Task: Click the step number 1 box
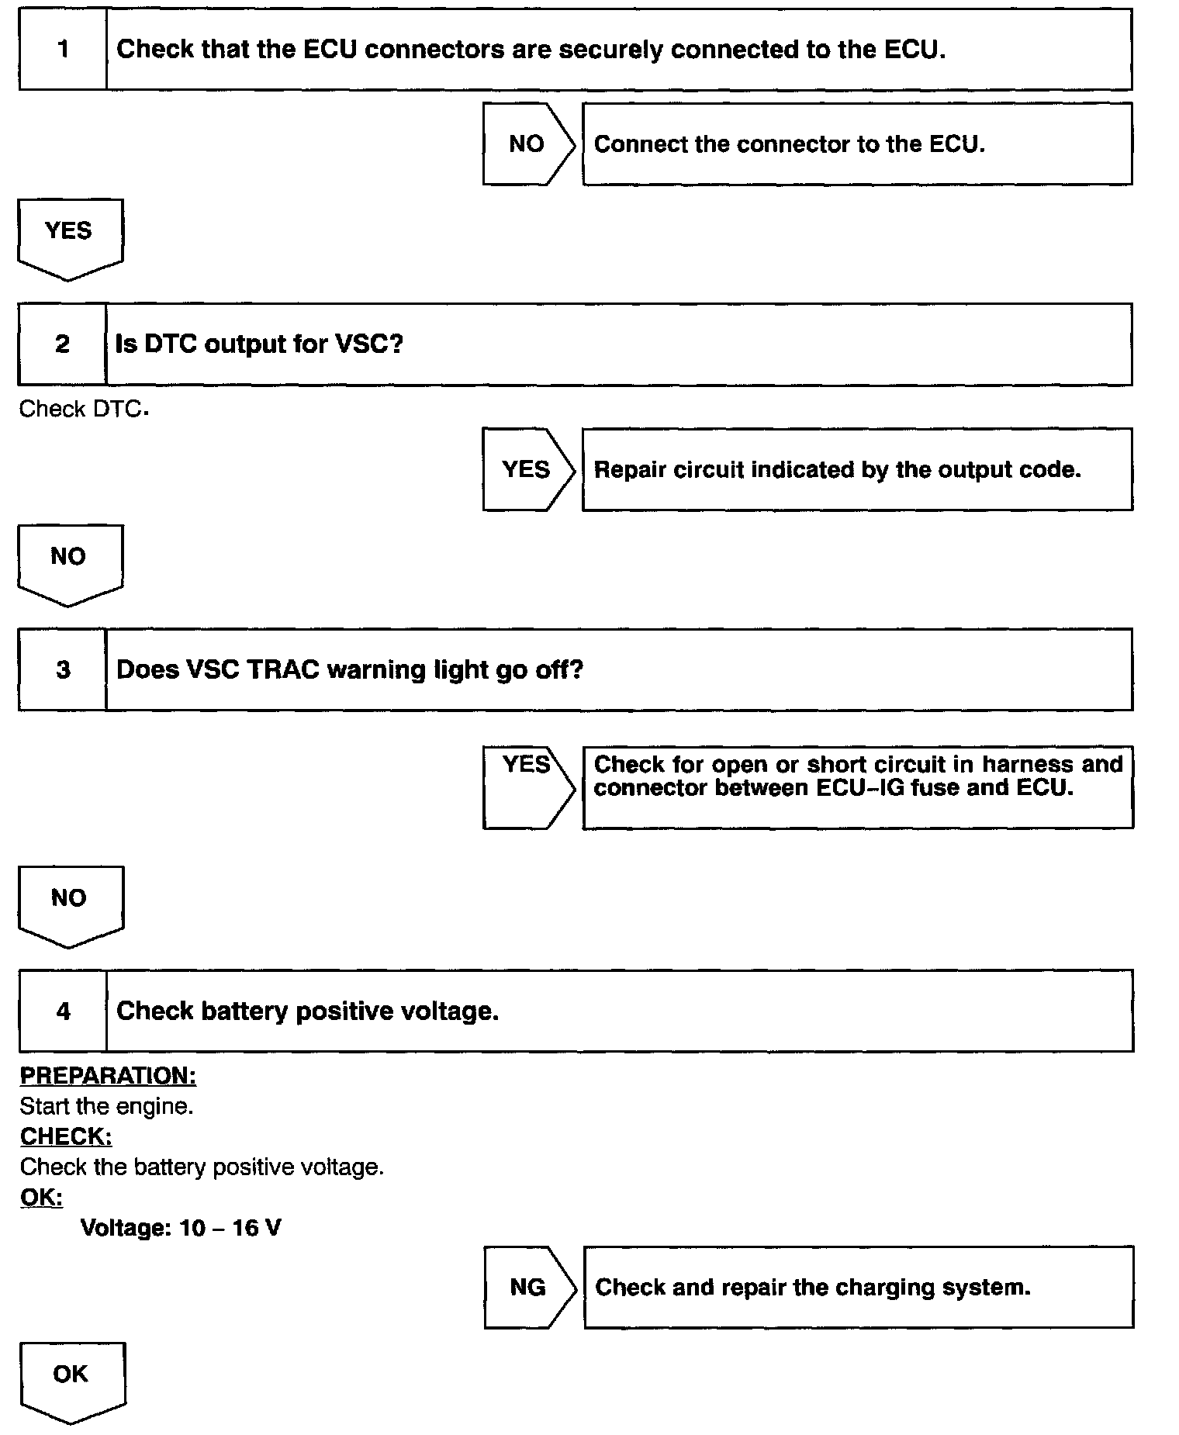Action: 63,50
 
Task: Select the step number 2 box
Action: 62,344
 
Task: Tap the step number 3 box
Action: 62,670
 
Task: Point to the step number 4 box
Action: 63,1011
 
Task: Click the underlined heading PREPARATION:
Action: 108,1076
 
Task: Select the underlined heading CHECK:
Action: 66,1136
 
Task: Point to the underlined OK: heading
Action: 41,1197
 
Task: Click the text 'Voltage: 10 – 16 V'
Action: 181,1228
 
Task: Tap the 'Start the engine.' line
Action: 106,1106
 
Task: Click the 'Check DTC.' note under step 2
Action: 83,409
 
